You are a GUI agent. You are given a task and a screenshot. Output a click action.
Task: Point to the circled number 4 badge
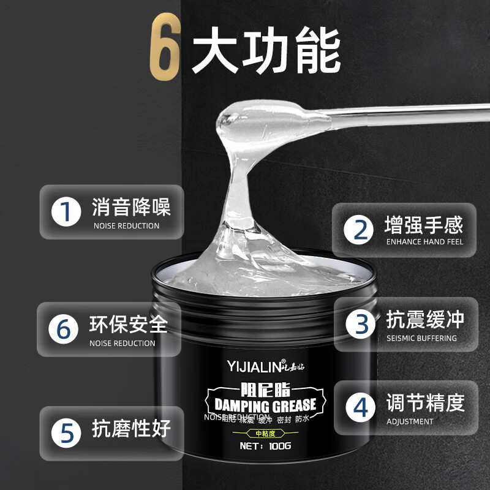[361, 408]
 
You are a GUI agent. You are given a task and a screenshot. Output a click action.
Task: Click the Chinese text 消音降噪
[131, 206]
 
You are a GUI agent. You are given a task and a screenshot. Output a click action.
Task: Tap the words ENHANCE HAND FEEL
[424, 241]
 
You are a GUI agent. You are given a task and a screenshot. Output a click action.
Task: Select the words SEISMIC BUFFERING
[421, 338]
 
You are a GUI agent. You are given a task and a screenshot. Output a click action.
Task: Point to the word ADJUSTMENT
[410, 421]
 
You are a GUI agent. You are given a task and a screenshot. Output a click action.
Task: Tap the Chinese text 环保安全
[128, 323]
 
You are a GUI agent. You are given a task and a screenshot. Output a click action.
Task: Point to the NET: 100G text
[265, 445]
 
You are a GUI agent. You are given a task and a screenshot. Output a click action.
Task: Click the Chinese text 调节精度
[425, 402]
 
